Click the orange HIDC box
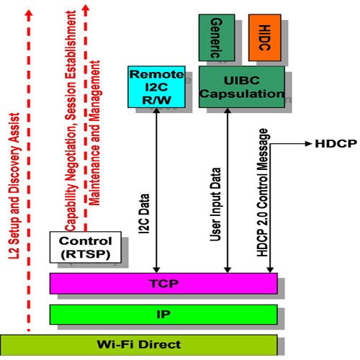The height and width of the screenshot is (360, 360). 265,37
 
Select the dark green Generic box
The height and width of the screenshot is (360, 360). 217,37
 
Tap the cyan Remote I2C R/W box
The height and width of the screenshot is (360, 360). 156,87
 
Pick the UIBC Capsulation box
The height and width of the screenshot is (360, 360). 242,87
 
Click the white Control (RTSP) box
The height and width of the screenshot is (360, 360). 86,247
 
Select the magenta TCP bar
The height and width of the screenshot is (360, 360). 163,284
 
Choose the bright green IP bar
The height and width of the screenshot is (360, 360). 163,315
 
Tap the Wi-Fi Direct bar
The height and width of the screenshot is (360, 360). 139,345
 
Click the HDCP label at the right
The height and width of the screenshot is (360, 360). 336,144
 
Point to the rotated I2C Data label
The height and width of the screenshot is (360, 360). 144,214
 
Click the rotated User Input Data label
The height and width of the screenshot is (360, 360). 215,204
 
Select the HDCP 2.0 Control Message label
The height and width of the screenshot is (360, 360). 262,192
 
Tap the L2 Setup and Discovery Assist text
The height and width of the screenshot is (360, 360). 14,186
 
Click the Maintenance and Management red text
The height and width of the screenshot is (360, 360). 94,133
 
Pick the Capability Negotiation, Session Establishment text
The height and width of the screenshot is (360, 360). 71,121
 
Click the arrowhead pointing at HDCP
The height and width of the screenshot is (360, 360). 308,144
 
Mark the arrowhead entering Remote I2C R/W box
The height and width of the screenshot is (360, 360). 156,111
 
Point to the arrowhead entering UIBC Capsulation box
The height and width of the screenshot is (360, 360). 228,111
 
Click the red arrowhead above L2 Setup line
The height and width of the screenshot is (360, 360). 29,13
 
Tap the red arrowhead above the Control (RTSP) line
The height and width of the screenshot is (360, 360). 86,9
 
